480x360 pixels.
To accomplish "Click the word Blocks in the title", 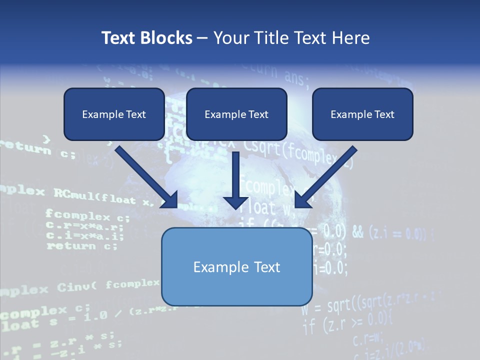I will pos(165,38).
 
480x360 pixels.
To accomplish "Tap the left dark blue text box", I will pos(114,114).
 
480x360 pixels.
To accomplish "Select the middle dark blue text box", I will pos(236,114).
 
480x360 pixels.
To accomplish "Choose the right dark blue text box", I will pos(362,114).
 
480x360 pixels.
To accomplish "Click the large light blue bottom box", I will pos(236,267).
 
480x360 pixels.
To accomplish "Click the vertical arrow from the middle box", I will pos(235,175).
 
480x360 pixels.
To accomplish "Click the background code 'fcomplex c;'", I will pos(87,216).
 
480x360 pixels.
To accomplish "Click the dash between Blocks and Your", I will pos(202,38).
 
